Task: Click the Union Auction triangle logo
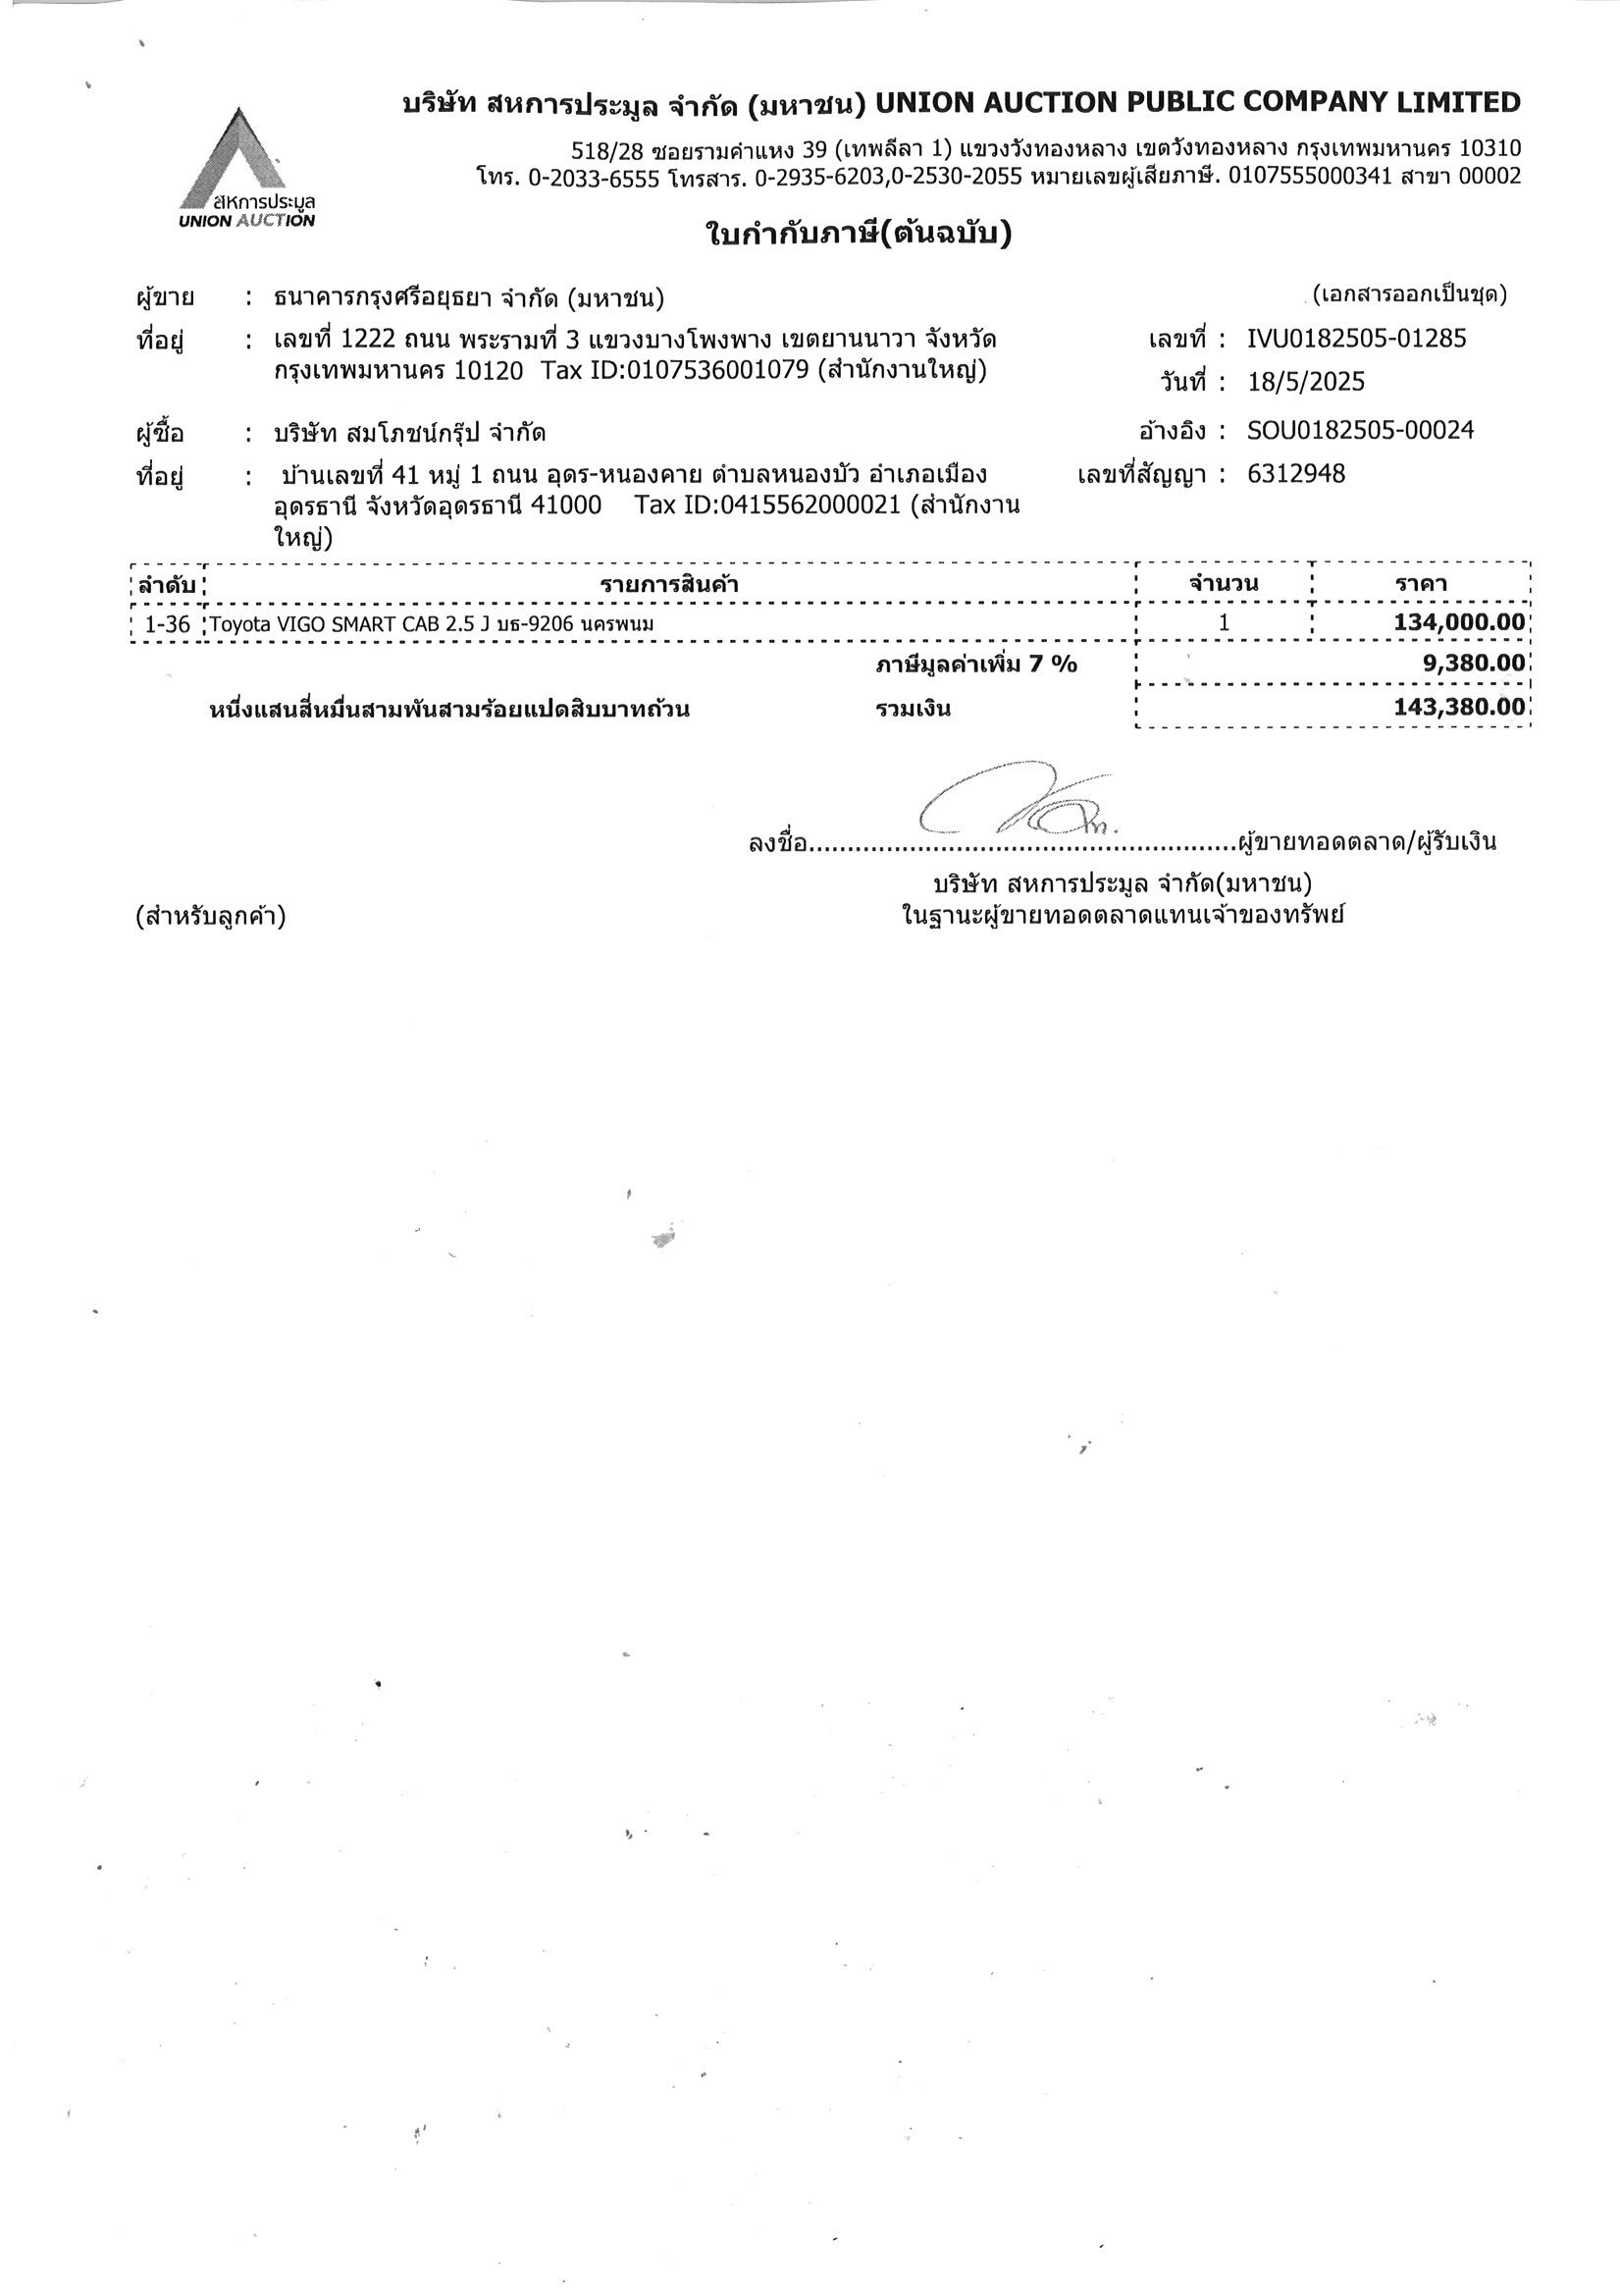coord(245,165)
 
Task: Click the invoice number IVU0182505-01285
coord(1356,339)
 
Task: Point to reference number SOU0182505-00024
coord(1359,430)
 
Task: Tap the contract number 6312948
coord(1295,473)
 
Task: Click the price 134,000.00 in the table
coord(1459,623)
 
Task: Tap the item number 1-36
coord(167,624)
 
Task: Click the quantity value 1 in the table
coord(1224,623)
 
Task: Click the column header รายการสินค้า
coord(669,584)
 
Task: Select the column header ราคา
coord(1423,584)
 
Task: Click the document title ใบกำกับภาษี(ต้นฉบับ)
coord(858,236)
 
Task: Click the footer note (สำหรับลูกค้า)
coord(211,917)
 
